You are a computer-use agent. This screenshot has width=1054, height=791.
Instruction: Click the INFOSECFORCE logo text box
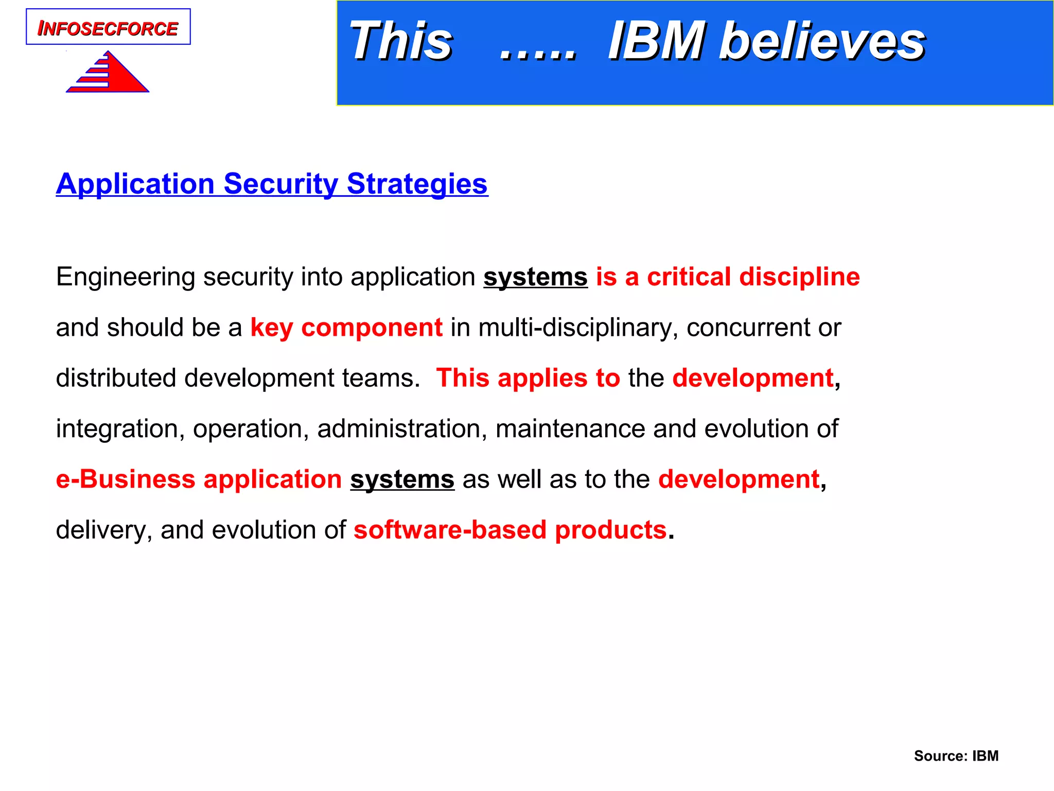(108, 27)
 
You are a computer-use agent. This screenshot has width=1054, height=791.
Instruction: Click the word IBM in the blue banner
(656, 41)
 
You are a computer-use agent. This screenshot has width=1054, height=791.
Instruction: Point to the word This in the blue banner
(400, 41)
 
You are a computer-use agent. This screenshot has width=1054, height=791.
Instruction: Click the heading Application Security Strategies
(272, 184)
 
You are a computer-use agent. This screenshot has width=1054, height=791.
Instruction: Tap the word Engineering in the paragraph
(126, 278)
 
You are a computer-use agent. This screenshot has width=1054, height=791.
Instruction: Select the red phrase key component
(346, 328)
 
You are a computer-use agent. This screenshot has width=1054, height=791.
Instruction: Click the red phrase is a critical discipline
(728, 277)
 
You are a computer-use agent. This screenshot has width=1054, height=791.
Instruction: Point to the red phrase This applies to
(528, 378)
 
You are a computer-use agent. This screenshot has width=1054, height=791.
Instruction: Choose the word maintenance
(570, 429)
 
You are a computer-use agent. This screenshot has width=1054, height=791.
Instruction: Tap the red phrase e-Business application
(199, 479)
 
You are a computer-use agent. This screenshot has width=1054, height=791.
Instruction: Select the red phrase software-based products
(510, 530)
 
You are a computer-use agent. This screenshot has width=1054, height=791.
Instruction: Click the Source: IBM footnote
(956, 755)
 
